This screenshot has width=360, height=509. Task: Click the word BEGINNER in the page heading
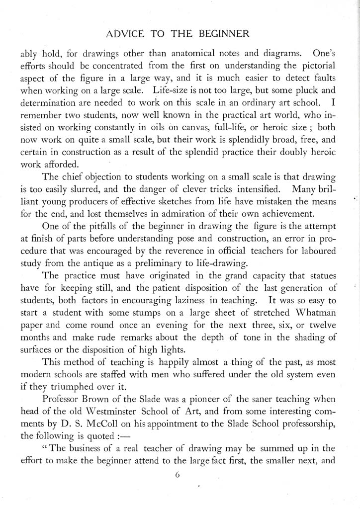coord(221,34)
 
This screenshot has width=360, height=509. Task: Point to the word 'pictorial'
coord(316,65)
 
